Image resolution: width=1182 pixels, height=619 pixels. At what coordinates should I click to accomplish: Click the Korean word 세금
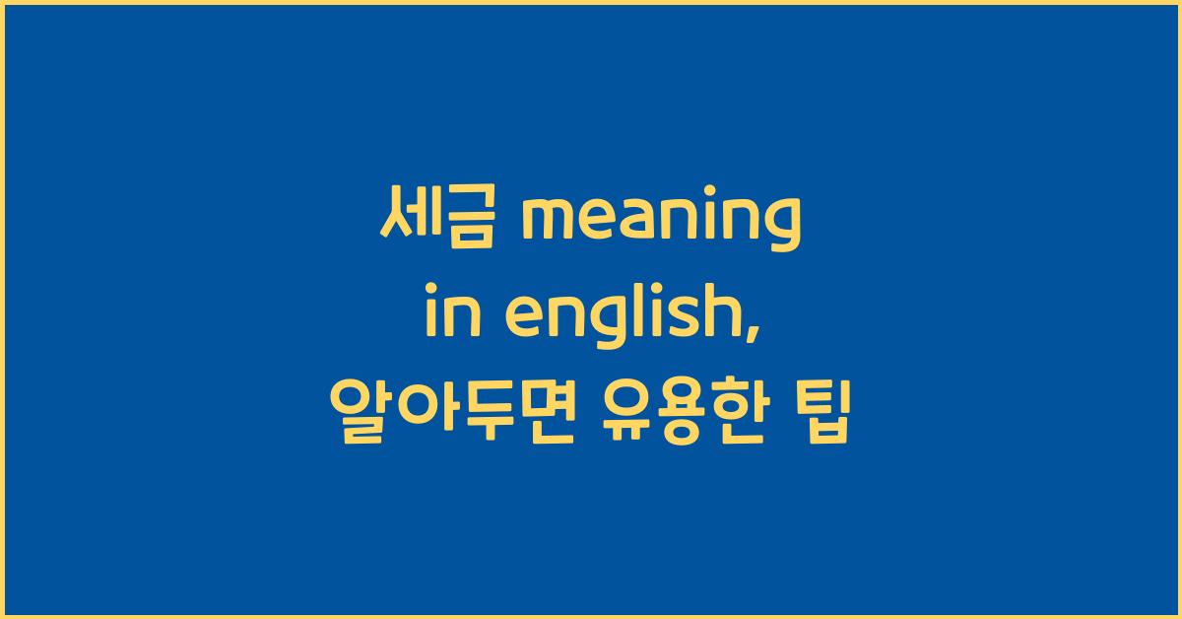point(430,219)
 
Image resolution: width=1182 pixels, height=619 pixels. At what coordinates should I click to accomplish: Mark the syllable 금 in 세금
point(458,219)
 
